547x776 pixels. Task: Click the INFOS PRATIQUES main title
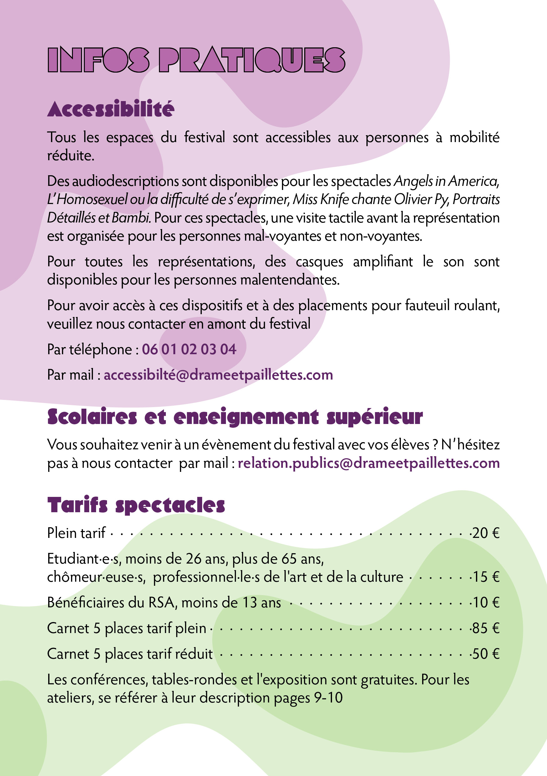(x=196, y=60)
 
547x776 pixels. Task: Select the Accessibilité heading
(x=110, y=109)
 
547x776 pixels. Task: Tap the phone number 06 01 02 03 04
(x=189, y=349)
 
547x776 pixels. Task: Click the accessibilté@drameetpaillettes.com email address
(x=218, y=375)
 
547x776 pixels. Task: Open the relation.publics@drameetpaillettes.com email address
(x=369, y=463)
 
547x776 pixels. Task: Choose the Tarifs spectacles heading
(x=136, y=505)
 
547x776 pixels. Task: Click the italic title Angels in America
(x=446, y=181)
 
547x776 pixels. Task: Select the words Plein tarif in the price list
(x=76, y=533)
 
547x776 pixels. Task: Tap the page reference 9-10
(x=328, y=698)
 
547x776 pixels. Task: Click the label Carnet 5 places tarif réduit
(x=130, y=654)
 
